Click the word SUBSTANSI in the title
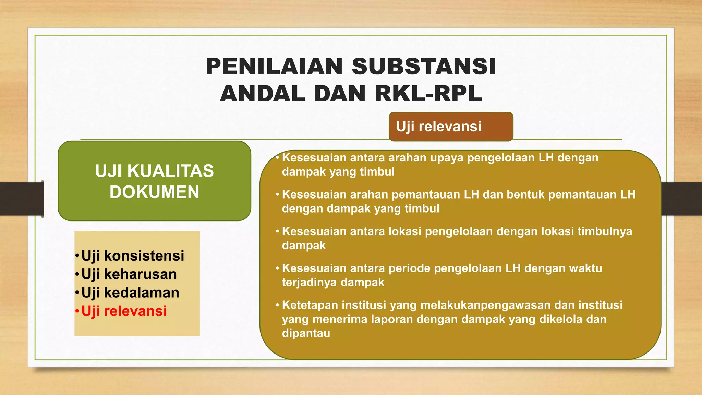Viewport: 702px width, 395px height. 424,67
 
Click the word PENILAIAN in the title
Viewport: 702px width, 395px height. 274,67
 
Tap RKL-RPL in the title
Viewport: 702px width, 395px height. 428,94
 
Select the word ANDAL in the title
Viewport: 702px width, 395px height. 263,94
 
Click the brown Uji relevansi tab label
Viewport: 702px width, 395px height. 439,127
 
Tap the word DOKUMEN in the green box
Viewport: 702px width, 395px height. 154,192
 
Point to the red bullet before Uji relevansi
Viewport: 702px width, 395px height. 77,312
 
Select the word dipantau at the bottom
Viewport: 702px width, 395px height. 306,333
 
